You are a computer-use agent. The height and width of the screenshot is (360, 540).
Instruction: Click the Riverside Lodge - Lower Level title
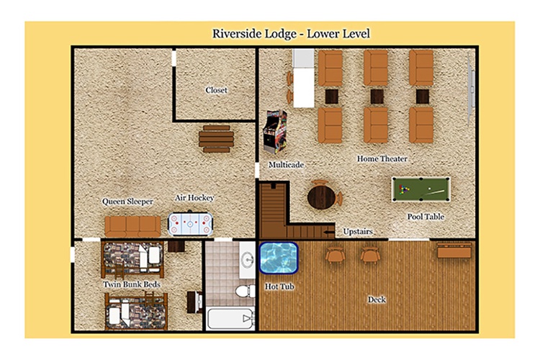coord(291,34)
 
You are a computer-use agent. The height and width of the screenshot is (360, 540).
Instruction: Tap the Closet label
coord(216,90)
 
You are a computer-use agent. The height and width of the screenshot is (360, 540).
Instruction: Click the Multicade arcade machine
coord(275,132)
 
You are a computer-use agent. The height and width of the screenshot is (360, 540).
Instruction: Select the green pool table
coord(421,189)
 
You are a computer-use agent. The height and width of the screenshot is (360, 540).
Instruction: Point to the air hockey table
coord(190,224)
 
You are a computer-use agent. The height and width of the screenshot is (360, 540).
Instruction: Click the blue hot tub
coord(278,258)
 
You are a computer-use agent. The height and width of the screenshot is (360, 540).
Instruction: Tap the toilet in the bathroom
coord(246,291)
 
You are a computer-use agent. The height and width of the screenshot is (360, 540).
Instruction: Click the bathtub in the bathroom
coord(230,319)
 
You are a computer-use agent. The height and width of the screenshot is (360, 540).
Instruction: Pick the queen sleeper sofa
coord(132,226)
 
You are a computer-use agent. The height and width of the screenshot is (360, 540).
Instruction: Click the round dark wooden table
coord(321,197)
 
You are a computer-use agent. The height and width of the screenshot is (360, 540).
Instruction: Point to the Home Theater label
coord(382,159)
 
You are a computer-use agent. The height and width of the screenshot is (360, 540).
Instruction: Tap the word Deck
coord(377,300)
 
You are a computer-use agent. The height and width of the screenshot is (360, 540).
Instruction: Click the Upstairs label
coord(358,232)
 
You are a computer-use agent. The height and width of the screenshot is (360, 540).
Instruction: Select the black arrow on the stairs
coord(330,232)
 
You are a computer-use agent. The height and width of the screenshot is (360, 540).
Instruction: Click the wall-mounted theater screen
coord(471,89)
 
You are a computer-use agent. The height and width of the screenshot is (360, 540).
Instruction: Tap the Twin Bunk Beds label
coord(132,284)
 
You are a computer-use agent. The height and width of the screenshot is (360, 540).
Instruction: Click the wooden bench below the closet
coord(216,139)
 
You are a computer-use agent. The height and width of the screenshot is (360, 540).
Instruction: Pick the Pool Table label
coord(426,217)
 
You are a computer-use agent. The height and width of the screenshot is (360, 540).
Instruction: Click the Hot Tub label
coord(279,287)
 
